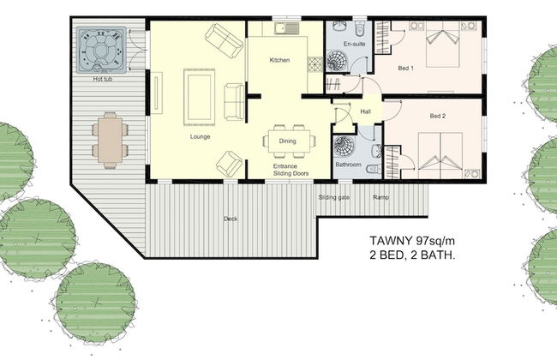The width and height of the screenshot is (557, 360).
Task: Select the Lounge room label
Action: tap(201, 136)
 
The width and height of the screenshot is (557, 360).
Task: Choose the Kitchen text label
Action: tap(280, 61)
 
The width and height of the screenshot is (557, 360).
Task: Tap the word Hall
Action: tap(365, 112)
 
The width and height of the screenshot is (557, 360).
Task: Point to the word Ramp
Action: tap(380, 198)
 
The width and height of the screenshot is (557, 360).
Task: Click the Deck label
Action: tap(231, 219)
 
